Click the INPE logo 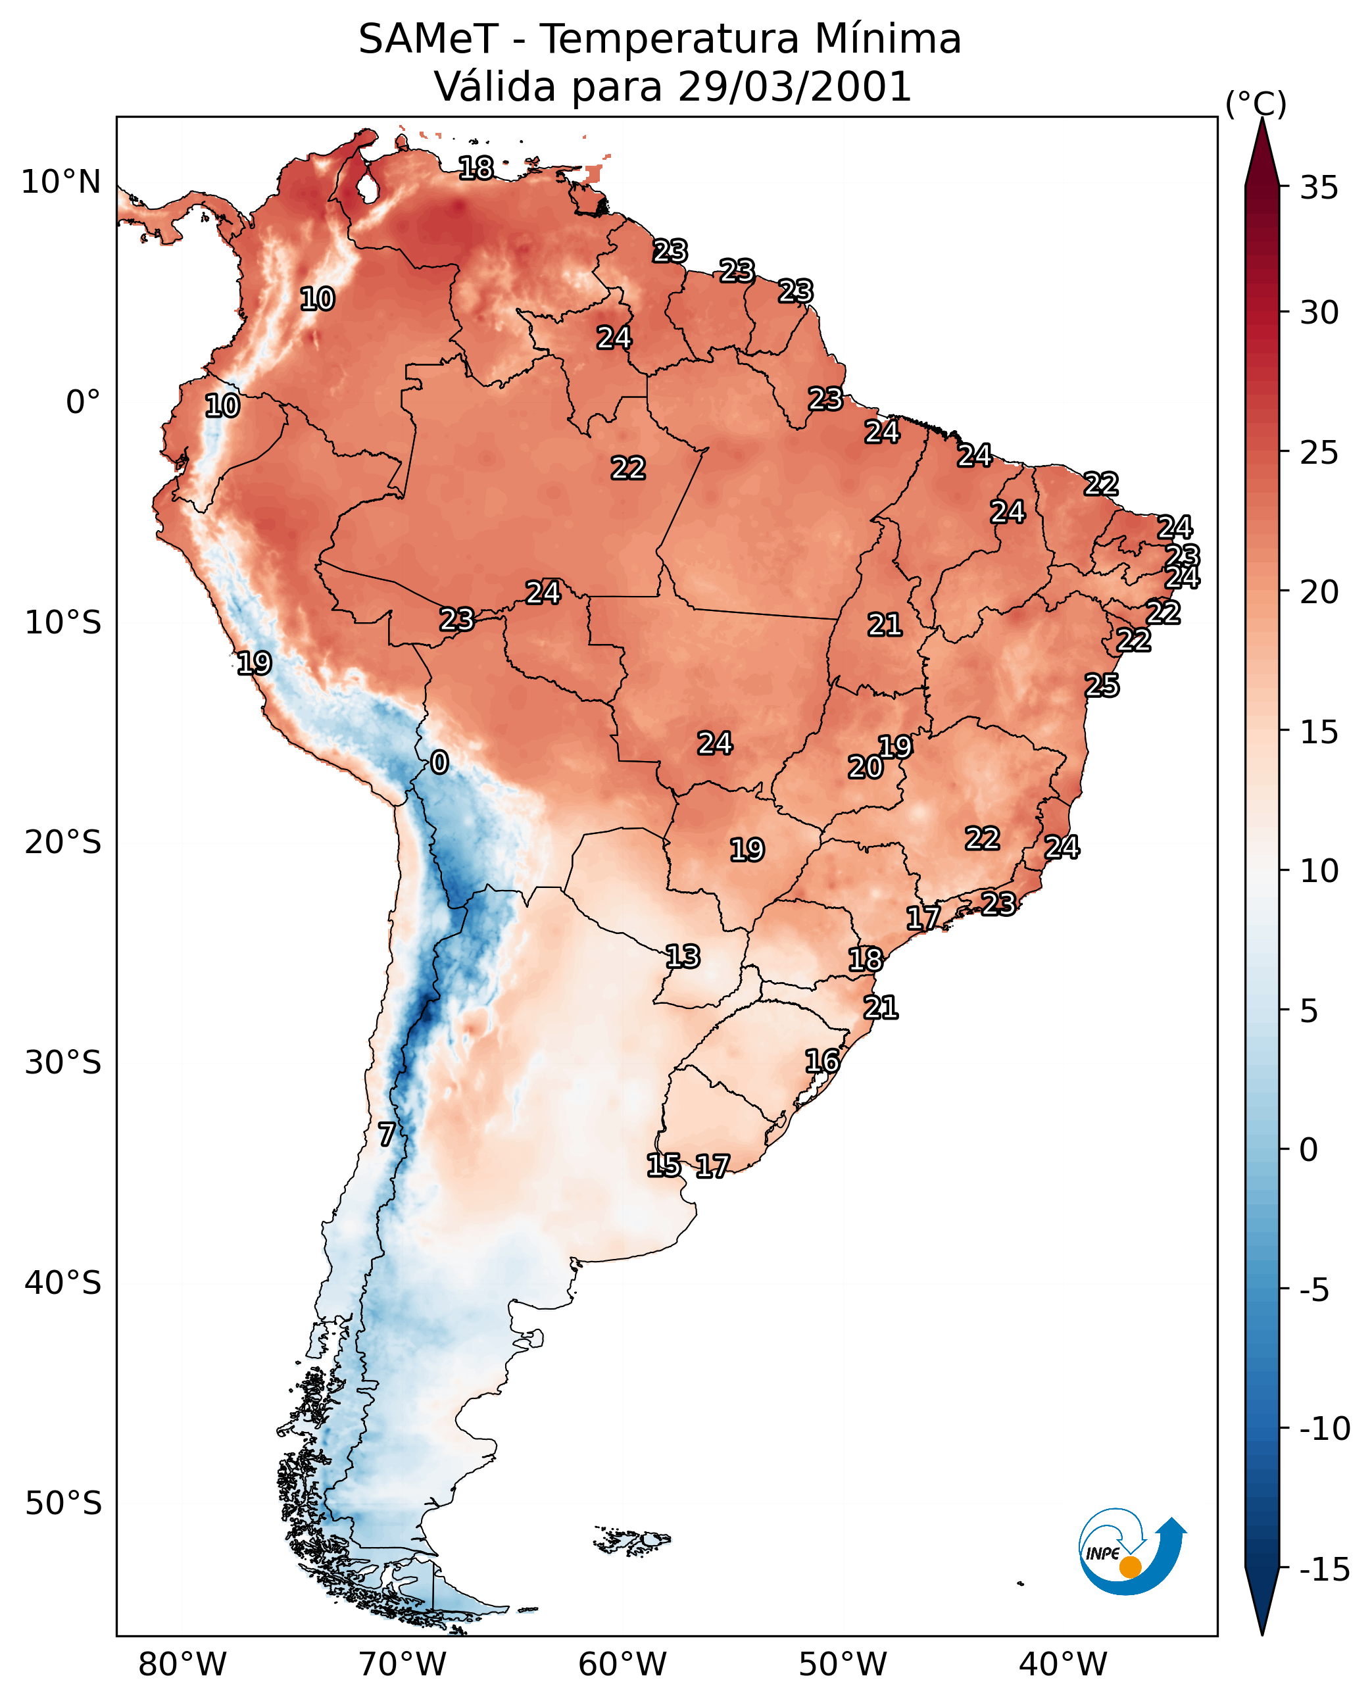point(1132,1552)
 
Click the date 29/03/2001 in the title point(795,86)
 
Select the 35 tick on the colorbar point(1319,187)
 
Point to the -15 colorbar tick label point(1325,1570)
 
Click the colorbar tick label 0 point(1309,1150)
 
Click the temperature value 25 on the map point(1102,685)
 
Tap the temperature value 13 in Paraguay point(683,956)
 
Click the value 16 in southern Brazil point(822,1061)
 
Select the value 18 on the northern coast point(476,168)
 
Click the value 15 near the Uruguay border point(664,1164)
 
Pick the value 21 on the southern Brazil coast point(881,1007)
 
